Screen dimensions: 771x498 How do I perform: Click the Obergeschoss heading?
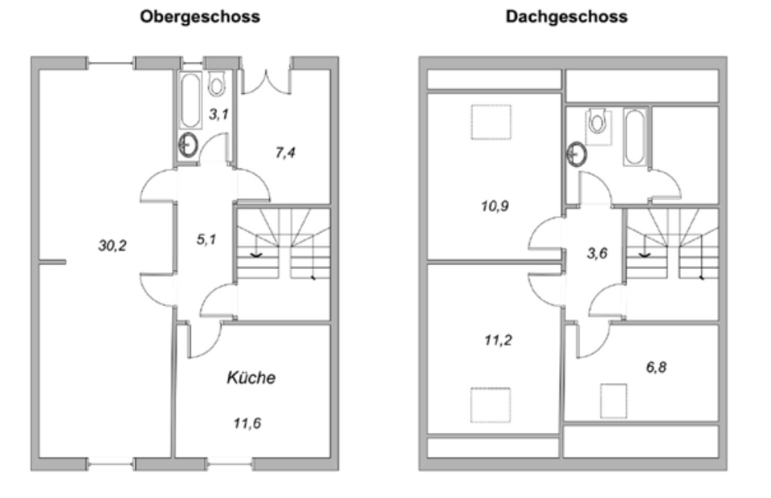[x=200, y=16]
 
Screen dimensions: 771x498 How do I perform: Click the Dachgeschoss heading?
[x=566, y=16]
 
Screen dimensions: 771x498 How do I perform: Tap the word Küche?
[x=251, y=378]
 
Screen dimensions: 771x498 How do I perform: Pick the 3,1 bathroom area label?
[x=218, y=114]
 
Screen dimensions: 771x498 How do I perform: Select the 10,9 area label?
[x=494, y=206]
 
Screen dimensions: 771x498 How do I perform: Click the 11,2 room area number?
[x=498, y=340]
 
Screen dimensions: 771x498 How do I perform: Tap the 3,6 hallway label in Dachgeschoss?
[x=596, y=252]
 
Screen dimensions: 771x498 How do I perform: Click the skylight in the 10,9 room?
[x=490, y=123]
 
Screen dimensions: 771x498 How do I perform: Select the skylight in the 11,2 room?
[x=490, y=404]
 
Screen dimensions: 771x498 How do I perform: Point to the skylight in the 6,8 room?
[x=613, y=400]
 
